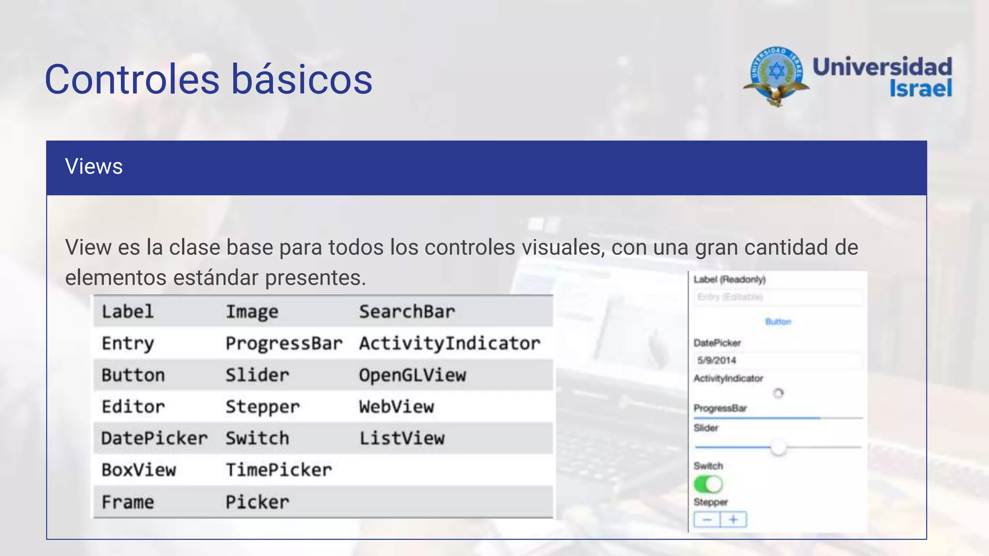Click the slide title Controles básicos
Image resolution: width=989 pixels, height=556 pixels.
(x=209, y=79)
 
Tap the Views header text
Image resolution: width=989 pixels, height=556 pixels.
(x=94, y=167)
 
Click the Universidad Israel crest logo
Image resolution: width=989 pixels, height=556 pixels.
(x=776, y=76)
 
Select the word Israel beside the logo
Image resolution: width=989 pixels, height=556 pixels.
(x=920, y=88)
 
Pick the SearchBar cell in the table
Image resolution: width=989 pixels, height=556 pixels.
(x=407, y=312)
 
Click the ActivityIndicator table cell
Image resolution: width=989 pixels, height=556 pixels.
(x=450, y=344)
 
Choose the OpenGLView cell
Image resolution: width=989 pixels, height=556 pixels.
(x=412, y=375)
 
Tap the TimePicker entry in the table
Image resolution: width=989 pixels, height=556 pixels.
(x=279, y=470)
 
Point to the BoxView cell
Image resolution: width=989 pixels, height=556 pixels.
(x=139, y=470)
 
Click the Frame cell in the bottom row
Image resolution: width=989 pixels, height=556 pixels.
(x=127, y=502)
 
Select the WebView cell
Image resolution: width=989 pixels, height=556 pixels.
(x=396, y=407)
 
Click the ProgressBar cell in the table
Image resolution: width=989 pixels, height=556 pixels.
(x=284, y=344)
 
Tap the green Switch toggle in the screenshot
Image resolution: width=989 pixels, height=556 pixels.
(x=708, y=484)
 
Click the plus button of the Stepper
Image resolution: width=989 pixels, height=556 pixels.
(x=733, y=520)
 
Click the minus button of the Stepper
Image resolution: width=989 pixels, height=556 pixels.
(x=707, y=520)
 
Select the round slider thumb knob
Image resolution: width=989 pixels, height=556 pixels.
(x=778, y=447)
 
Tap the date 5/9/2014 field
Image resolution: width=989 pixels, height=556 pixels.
(x=717, y=361)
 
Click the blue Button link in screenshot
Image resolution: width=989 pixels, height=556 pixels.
(x=778, y=322)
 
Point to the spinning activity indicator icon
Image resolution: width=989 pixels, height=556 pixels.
(x=778, y=393)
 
